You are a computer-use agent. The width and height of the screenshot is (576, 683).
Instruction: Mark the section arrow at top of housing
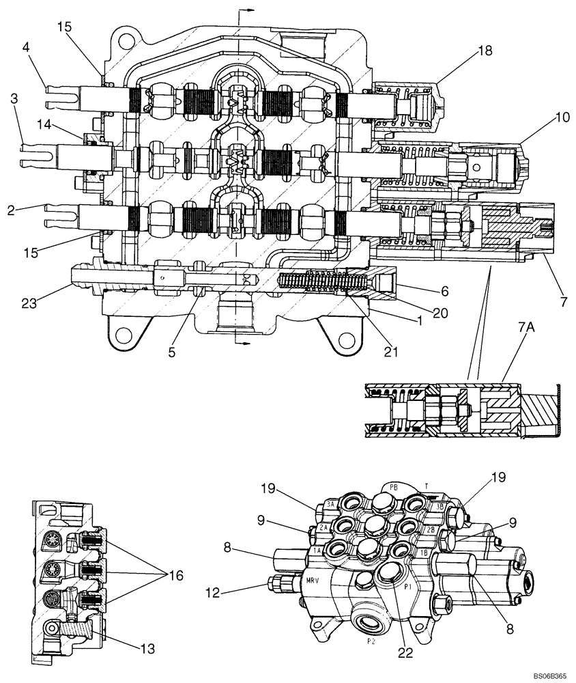[x=250, y=11]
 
